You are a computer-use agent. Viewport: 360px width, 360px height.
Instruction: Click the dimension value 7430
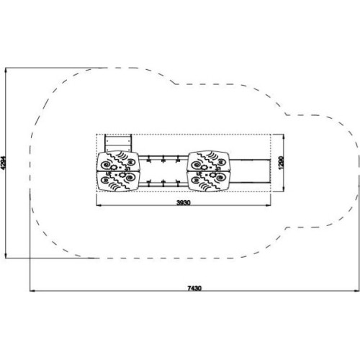(194, 288)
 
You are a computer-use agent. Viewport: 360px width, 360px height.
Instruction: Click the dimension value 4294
(3, 163)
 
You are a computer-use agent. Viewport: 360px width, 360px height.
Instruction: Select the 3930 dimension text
(184, 203)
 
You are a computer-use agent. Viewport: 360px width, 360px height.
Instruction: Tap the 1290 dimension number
(282, 163)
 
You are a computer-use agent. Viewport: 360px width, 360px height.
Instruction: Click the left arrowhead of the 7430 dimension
(32, 291)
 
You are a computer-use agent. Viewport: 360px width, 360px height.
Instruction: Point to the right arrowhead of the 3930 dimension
(268, 205)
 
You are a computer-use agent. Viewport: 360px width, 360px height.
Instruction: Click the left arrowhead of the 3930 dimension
(99, 205)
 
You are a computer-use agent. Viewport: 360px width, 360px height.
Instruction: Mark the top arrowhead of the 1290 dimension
(284, 137)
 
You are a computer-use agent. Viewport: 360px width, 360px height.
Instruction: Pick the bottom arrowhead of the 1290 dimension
(284, 189)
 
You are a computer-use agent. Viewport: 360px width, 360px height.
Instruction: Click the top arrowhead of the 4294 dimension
(6, 71)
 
